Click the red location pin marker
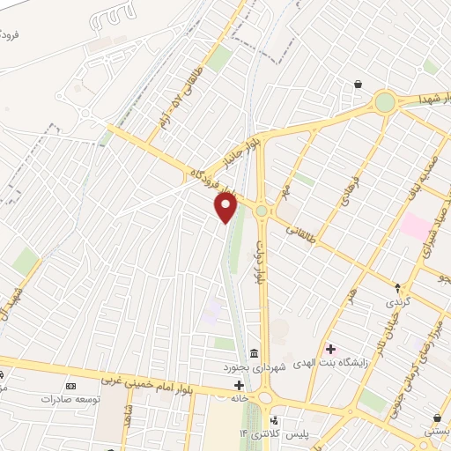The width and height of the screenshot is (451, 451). pos(226,208)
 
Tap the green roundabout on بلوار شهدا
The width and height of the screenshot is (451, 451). pos(385,102)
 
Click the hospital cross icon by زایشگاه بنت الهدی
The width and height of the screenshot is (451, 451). pos(331,350)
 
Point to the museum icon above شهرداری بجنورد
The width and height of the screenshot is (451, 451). pos(254,353)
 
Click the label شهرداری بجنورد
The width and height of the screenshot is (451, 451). pos(253,366)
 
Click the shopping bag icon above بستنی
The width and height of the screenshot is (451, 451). pos(437,418)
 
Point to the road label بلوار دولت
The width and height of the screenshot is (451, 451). pos(260,260)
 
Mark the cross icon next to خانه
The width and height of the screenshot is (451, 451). pos(239,385)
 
